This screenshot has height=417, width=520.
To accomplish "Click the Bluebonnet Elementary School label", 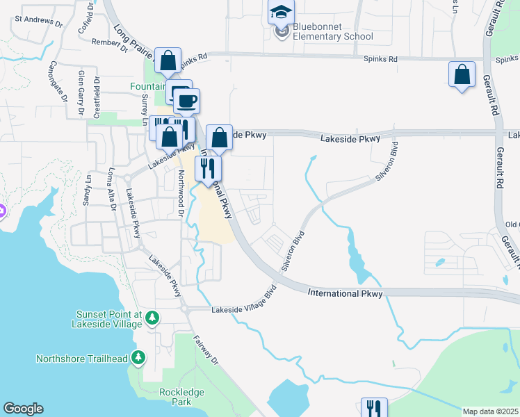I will [333, 31].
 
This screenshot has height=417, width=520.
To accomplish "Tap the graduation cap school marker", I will [281, 13].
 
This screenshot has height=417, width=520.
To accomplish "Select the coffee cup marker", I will [186, 101].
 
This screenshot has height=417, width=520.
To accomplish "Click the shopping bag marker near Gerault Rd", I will [462, 74].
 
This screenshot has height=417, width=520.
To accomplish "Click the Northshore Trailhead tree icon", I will [139, 358].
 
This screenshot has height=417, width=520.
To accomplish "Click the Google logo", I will [23, 409].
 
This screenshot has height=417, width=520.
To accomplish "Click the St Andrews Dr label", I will [39, 21].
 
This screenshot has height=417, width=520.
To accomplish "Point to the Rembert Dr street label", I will [110, 44].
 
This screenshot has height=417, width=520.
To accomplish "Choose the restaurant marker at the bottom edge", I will [373, 409].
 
